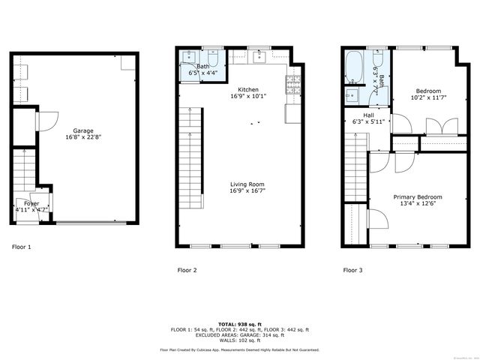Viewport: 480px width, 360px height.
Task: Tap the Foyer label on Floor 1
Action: pyautogui.click(x=31, y=207)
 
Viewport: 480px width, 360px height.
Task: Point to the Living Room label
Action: pyautogui.click(x=247, y=187)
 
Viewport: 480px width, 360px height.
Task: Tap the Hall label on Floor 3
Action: pyautogui.click(x=368, y=118)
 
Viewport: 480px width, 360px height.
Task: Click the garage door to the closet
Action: pyautogui.click(x=47, y=121)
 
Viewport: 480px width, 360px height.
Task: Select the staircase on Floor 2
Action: pyautogui.click(x=192, y=157)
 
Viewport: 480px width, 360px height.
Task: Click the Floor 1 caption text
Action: pyautogui.click(x=22, y=246)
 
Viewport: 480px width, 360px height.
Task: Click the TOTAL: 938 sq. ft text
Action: pyautogui.click(x=239, y=323)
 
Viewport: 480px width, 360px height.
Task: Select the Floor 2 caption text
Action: pyautogui.click(x=187, y=270)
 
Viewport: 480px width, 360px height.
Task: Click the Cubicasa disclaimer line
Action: pyautogui.click(x=239, y=349)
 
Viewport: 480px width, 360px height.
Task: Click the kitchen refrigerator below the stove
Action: pyautogui.click(x=291, y=112)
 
